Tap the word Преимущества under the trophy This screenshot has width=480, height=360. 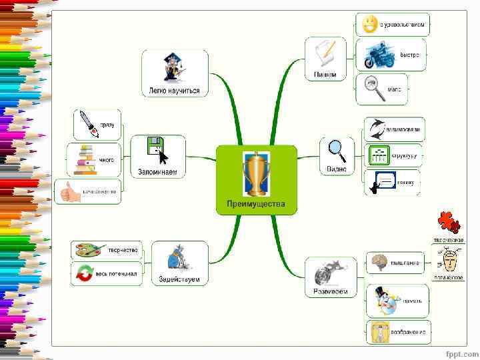coord(256,204)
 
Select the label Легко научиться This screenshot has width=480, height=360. coord(175,91)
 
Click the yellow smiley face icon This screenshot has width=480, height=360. coord(368,25)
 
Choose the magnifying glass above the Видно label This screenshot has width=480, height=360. coord(337,150)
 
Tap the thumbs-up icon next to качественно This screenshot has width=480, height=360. coord(69,192)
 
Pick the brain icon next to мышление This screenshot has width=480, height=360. coord(379,261)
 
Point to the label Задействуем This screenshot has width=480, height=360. coord(179,279)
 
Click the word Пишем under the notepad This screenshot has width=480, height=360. coord(325,75)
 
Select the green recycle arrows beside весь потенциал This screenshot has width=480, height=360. coord(85,273)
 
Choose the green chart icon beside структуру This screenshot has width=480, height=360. coord(378,155)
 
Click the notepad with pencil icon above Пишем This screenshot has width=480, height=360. coord(325,53)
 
